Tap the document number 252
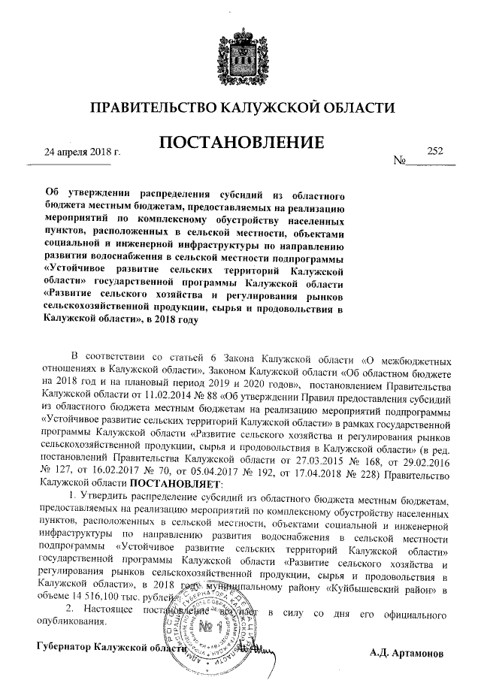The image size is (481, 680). (435, 150)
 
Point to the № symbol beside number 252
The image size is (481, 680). (400, 161)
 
